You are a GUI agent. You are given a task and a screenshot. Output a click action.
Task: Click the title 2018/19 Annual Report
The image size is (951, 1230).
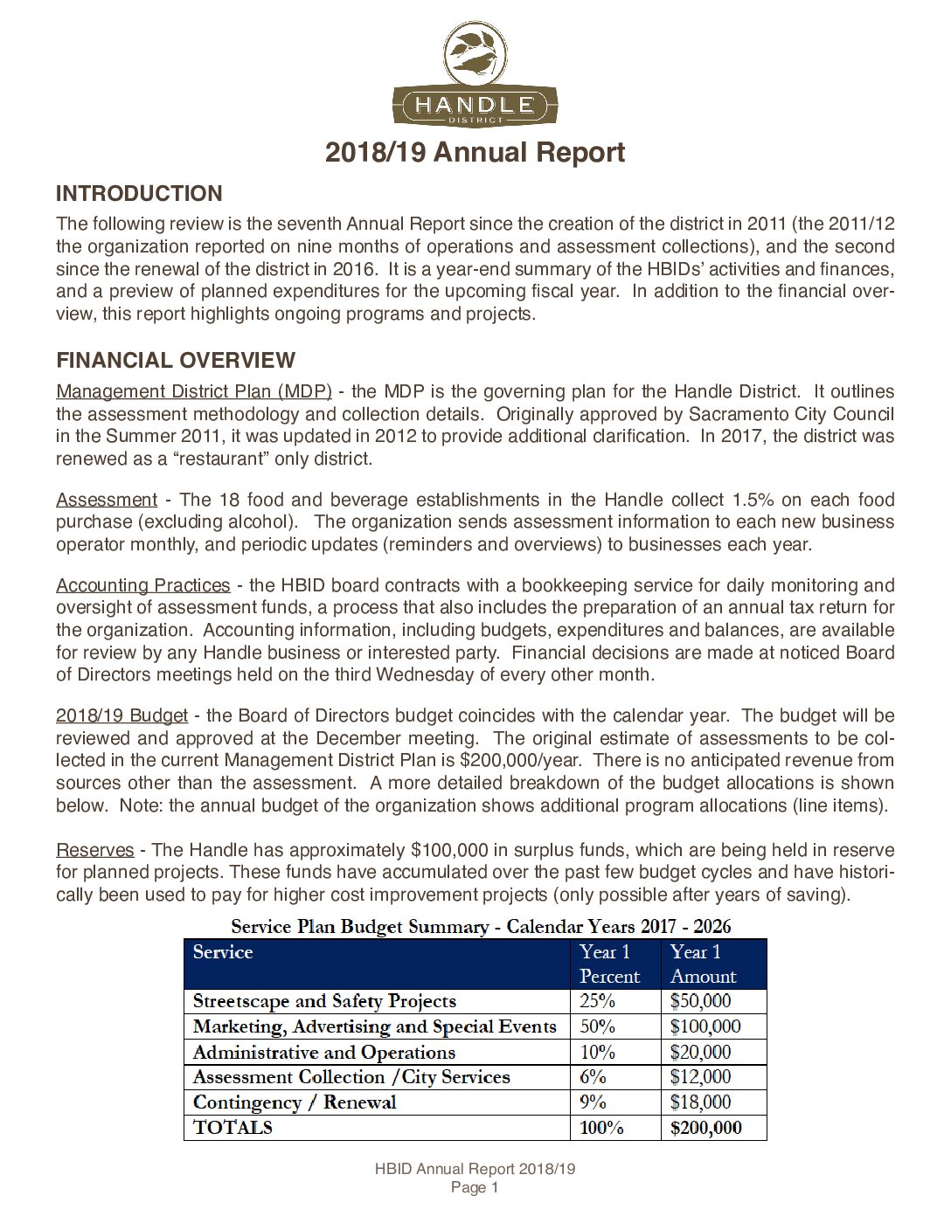[475, 153]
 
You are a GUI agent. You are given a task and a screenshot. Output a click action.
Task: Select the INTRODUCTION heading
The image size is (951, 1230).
[139, 194]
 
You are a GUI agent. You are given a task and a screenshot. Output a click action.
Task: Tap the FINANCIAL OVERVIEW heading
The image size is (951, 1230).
[176, 361]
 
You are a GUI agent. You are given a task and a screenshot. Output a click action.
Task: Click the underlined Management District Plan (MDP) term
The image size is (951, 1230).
[194, 392]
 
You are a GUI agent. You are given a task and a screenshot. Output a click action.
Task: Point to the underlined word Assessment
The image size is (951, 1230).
[107, 501]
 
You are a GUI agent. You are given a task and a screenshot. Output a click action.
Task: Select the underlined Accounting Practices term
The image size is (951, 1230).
[143, 586]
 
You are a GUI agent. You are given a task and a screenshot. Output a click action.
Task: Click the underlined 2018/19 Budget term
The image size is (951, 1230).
[121, 716]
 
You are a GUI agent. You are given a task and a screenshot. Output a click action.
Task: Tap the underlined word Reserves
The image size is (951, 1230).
[95, 851]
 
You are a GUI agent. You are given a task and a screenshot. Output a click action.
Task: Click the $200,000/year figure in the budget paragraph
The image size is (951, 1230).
[508, 761]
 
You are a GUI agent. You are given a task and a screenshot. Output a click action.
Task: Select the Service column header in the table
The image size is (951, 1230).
[223, 953]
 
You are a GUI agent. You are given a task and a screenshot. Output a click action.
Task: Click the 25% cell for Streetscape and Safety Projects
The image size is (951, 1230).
[598, 1002]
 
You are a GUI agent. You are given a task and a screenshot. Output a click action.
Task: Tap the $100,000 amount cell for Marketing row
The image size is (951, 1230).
[705, 1027]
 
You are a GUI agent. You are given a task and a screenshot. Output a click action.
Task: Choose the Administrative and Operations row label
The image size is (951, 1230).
[324, 1053]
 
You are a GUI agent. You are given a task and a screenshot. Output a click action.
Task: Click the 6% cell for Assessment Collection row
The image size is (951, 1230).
[594, 1077]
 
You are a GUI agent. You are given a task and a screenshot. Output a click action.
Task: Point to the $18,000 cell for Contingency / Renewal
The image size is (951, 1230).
[700, 1102]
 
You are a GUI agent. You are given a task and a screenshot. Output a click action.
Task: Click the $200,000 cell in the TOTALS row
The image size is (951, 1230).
[705, 1129]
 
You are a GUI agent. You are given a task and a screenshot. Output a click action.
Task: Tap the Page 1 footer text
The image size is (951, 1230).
[475, 1188]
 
